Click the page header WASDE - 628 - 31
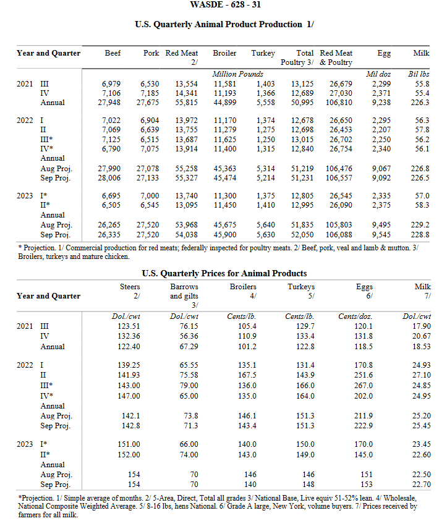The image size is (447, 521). click(223, 5)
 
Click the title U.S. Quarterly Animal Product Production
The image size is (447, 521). click(223, 25)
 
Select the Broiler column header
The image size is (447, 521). click(224, 53)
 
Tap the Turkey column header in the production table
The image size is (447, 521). click(263, 53)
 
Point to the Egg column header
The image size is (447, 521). click(383, 53)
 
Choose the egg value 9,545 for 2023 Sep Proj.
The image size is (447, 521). click(380, 235)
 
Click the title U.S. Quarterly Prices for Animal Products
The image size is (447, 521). click(224, 273)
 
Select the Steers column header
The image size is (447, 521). click(129, 287)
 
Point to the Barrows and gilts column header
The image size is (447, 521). click(184, 291)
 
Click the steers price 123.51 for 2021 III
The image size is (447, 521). click(129, 326)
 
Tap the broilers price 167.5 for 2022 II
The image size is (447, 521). click(247, 375)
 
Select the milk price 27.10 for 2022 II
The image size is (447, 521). click(420, 375)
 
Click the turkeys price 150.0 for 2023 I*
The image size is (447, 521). click(304, 444)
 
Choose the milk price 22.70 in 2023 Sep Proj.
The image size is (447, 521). click(420, 484)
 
